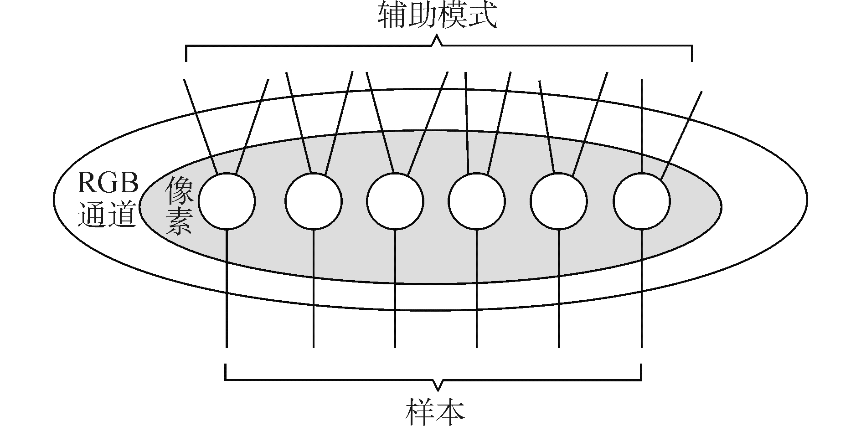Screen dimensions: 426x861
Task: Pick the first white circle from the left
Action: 227,201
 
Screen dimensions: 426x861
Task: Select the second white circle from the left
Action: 314,201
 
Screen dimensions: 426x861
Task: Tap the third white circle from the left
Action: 395,201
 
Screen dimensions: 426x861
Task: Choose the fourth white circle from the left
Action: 477,201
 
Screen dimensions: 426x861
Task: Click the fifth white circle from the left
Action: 559,201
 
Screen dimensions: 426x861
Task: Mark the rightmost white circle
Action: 642,201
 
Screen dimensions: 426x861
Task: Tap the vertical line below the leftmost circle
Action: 227,292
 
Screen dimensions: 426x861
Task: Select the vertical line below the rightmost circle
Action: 642,292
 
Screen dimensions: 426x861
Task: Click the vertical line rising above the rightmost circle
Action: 642,128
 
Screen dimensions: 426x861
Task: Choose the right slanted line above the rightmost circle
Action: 681,134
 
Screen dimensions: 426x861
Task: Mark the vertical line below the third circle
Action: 395,292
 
